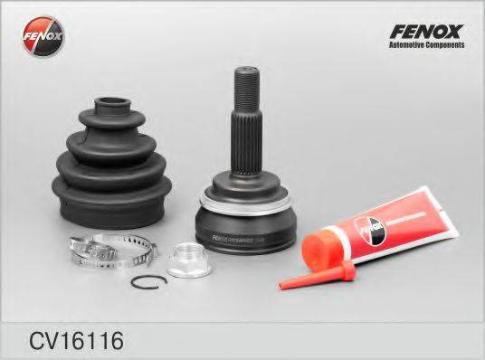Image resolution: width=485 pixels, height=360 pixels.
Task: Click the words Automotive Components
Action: pyautogui.click(x=426, y=44)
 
